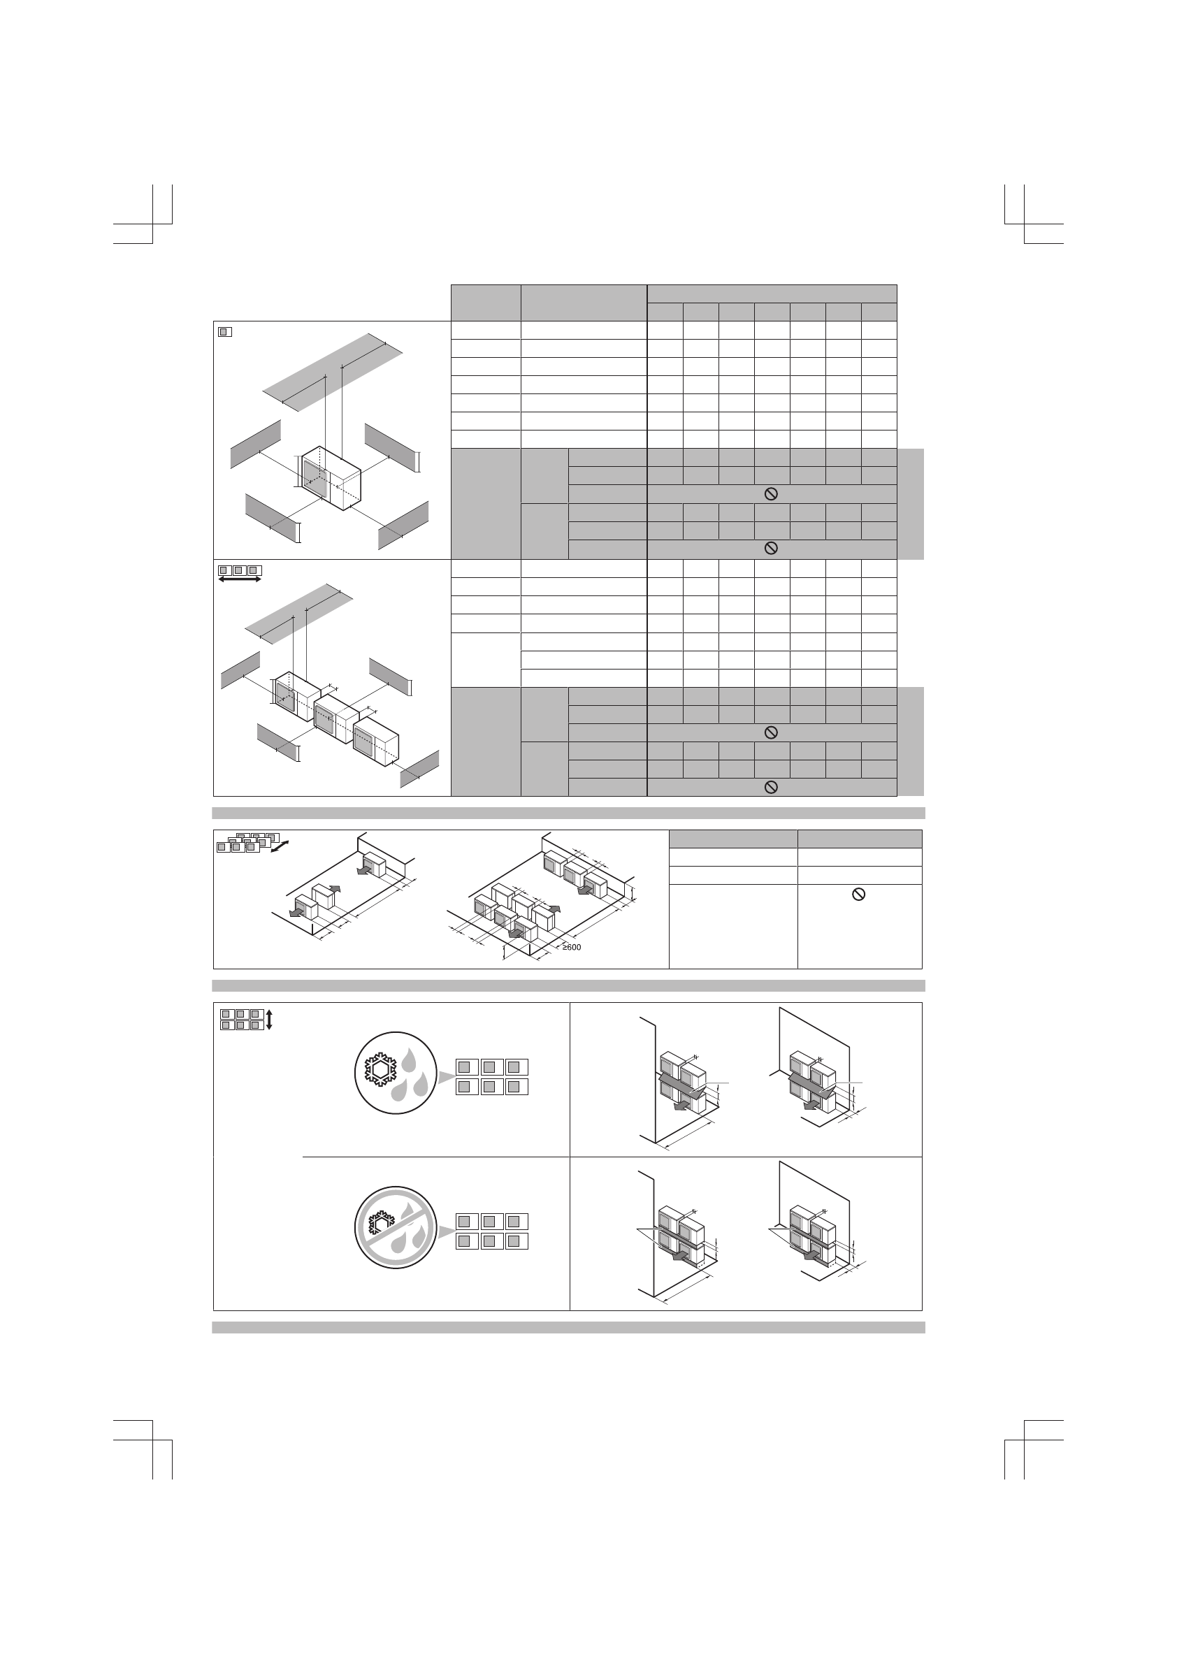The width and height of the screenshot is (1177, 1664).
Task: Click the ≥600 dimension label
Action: [572, 947]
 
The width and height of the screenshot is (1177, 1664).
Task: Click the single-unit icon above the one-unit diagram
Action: [224, 332]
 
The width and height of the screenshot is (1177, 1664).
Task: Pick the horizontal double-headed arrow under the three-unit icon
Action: [239, 580]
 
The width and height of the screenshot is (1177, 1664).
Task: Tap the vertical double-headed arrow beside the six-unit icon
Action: [269, 1020]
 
